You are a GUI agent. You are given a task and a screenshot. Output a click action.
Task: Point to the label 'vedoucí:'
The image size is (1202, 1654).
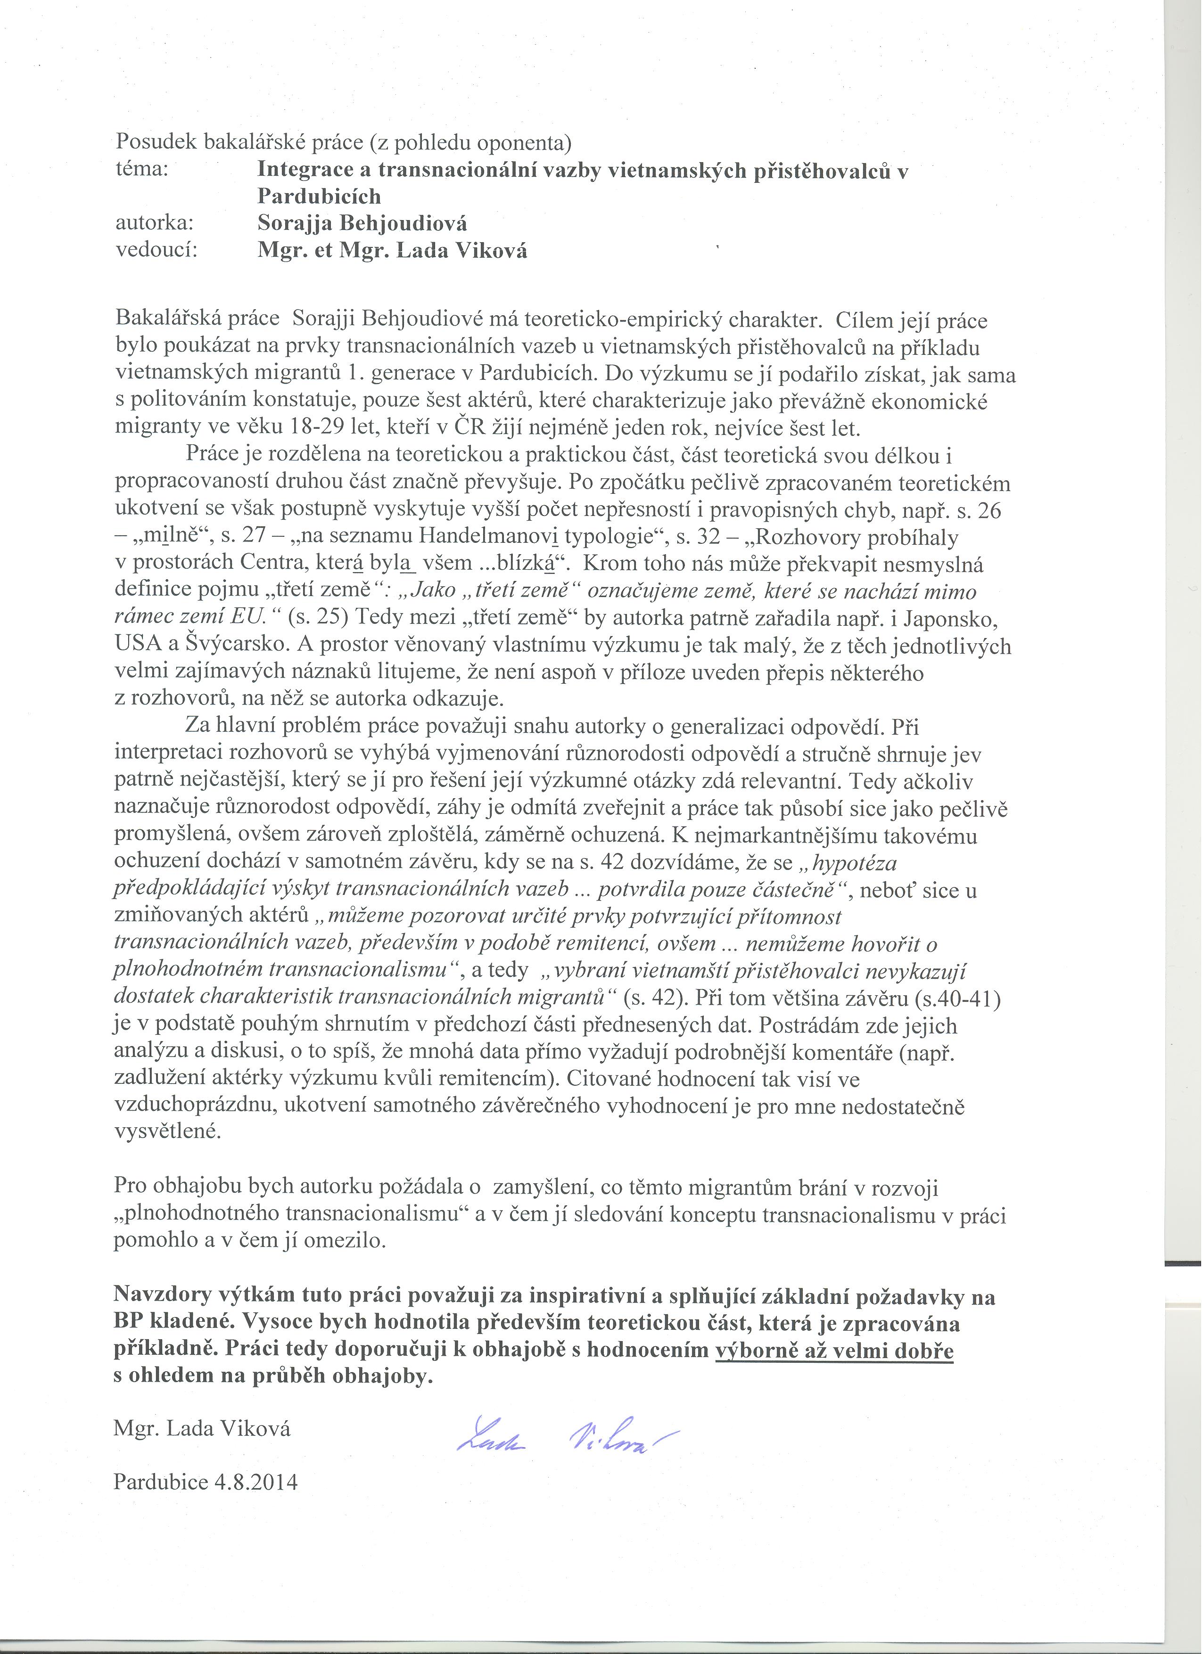(157, 250)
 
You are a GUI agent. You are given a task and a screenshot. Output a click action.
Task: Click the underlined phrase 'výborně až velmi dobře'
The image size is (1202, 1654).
(834, 1351)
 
